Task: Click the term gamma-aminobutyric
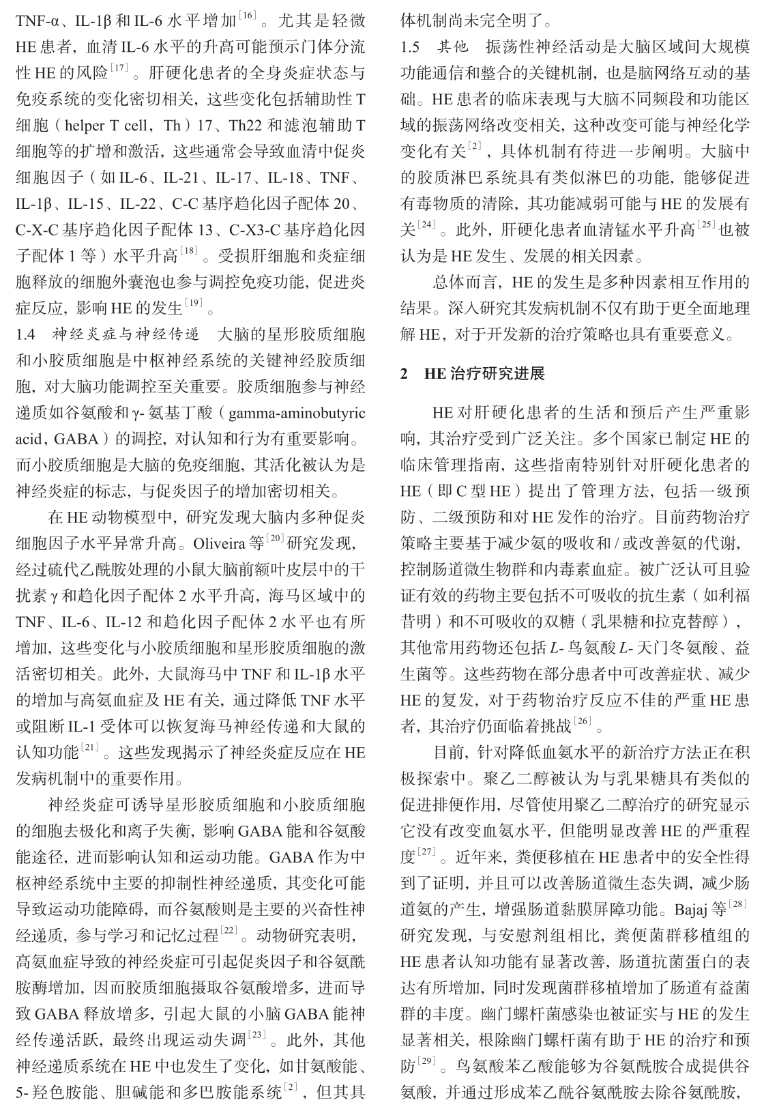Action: (x=297, y=414)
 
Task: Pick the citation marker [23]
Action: (x=258, y=1035)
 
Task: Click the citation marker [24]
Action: (x=426, y=225)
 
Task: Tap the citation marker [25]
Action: (x=707, y=225)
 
